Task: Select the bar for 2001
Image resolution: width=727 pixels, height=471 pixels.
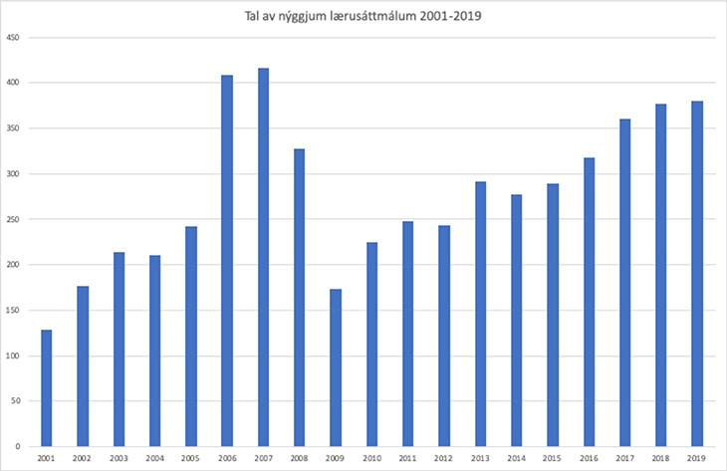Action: [x=46, y=387]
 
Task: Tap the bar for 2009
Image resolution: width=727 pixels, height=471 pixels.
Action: [x=336, y=367]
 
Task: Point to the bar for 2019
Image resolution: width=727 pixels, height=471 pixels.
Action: [x=697, y=274]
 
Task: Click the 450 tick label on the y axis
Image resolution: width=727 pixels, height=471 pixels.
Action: [x=14, y=38]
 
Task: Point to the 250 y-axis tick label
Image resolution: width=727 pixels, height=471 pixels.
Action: [x=14, y=219]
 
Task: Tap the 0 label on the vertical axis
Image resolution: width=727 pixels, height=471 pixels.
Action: [x=19, y=446]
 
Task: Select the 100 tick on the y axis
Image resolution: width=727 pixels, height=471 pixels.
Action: [x=14, y=355]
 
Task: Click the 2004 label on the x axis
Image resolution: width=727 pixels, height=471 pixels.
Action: [x=154, y=457]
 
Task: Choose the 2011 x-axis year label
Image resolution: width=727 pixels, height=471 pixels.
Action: [x=407, y=457]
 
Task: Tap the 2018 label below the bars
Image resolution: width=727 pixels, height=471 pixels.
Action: [x=661, y=457]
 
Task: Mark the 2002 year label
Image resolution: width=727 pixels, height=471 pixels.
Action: [x=82, y=457]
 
